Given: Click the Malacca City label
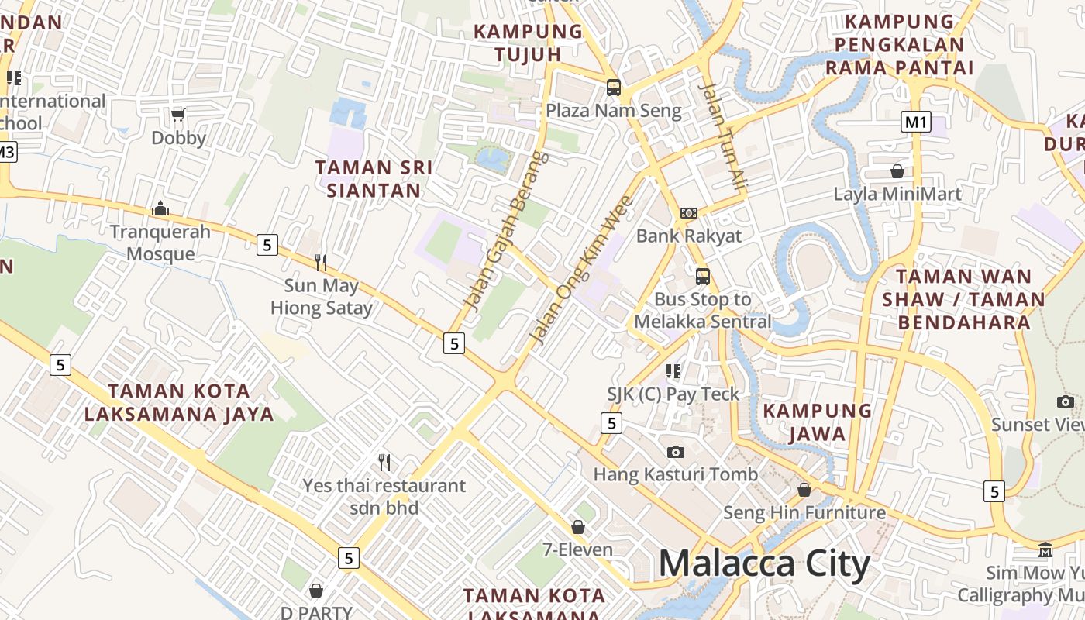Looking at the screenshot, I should (764, 564).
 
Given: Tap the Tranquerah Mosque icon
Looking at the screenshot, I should (160, 208).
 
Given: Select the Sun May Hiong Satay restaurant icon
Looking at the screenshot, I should (321, 263).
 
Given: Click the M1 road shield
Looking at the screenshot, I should (915, 122).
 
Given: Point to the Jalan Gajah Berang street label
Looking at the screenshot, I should (506, 230).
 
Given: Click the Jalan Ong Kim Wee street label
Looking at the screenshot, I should (581, 270).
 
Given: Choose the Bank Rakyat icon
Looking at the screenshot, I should (689, 212).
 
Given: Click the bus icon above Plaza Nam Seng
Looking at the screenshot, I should (613, 87).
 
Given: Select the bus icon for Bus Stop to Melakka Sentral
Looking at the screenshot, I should (703, 276).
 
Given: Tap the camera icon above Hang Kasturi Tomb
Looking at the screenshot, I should (676, 452).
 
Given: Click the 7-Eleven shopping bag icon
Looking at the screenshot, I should (577, 527).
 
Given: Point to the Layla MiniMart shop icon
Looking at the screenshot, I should (897, 170).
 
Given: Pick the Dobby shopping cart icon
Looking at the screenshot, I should (178, 115).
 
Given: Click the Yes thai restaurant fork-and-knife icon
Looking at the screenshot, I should (384, 463).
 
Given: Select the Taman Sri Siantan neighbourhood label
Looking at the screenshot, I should (374, 178).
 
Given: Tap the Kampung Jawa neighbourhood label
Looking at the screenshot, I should (818, 422).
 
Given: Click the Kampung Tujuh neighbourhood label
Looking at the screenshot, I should (528, 43).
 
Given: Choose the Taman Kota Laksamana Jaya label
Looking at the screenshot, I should (179, 402).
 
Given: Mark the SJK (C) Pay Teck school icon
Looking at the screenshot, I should (673, 371).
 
